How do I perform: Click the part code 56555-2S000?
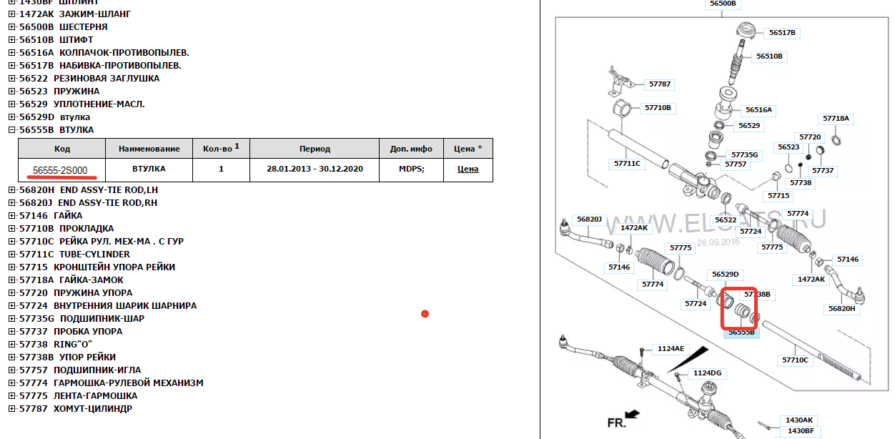point(60,169)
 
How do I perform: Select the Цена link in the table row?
point(468,169)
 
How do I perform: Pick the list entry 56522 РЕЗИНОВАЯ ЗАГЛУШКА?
point(89,79)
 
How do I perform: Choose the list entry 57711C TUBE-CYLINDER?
point(75,255)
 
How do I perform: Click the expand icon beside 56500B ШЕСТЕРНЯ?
point(11,27)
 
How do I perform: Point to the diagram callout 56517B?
point(782,33)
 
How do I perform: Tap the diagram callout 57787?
point(660,84)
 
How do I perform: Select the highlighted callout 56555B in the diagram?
point(742,332)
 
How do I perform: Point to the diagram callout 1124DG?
point(707,373)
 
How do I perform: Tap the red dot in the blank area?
point(425,313)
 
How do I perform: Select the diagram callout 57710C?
point(795,360)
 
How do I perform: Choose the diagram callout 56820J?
point(590,219)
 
